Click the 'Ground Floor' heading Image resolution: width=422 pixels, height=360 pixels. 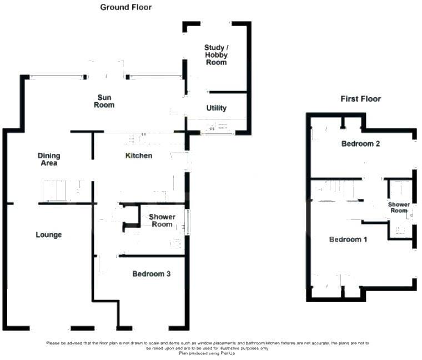click(125, 7)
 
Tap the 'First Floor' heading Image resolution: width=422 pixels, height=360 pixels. click(360, 99)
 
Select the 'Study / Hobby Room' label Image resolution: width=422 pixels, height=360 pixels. click(216, 55)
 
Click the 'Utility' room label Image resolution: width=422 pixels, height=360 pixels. click(216, 108)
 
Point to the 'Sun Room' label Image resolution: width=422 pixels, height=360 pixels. click(104, 101)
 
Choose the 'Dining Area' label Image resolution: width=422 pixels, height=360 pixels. click(49, 159)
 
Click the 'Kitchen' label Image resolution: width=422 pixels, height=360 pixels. click(138, 156)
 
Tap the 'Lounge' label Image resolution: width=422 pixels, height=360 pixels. click(49, 235)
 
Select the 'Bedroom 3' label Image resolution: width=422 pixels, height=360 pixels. click(151, 274)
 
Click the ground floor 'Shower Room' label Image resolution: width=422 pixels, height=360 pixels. click(162, 221)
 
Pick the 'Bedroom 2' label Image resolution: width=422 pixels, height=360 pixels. click(360, 144)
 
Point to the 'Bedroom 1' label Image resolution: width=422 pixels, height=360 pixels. click(348, 239)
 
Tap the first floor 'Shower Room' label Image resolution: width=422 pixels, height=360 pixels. click(399, 207)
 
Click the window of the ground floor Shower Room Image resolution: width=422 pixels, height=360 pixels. click(187, 222)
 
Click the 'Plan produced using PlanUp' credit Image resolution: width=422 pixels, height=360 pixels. click(211, 354)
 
